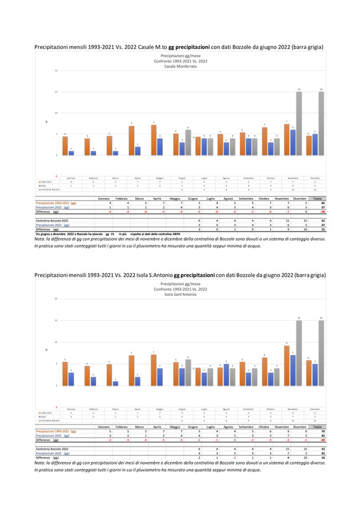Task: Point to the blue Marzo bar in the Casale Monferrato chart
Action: coord(115,152)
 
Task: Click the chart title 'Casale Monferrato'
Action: coord(180,66)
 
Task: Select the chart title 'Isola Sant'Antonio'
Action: coord(180,294)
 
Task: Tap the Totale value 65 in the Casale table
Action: coord(323,202)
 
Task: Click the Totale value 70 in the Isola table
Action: coord(323,431)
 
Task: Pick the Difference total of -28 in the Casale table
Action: coord(323,211)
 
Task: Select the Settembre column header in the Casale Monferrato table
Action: coord(247,198)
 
